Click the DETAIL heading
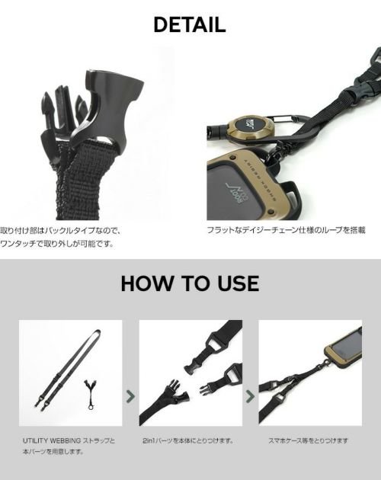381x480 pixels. click(x=190, y=25)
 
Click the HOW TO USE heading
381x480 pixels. click(x=190, y=283)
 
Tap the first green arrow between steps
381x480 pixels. click(x=130, y=396)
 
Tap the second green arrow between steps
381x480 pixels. click(x=250, y=396)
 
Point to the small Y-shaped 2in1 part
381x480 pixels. click(x=91, y=394)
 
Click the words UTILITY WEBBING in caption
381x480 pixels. click(x=52, y=441)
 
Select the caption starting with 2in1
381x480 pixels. click(x=187, y=441)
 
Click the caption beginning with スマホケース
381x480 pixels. click(x=308, y=441)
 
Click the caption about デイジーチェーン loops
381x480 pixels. click(x=286, y=230)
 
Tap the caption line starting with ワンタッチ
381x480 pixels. click(x=57, y=244)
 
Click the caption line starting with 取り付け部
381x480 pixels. click(x=61, y=230)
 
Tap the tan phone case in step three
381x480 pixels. click(x=344, y=347)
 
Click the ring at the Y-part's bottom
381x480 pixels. click(x=91, y=407)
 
